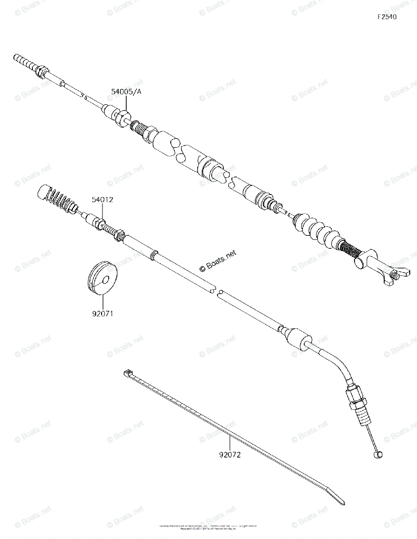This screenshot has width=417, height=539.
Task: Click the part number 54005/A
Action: coord(126,92)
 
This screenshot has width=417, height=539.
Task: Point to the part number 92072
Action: coord(230,455)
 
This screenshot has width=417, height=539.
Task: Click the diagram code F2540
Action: coord(387,18)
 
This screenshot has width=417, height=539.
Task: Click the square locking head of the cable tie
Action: coord(127,373)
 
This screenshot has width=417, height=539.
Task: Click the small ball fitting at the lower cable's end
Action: coord(377,455)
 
